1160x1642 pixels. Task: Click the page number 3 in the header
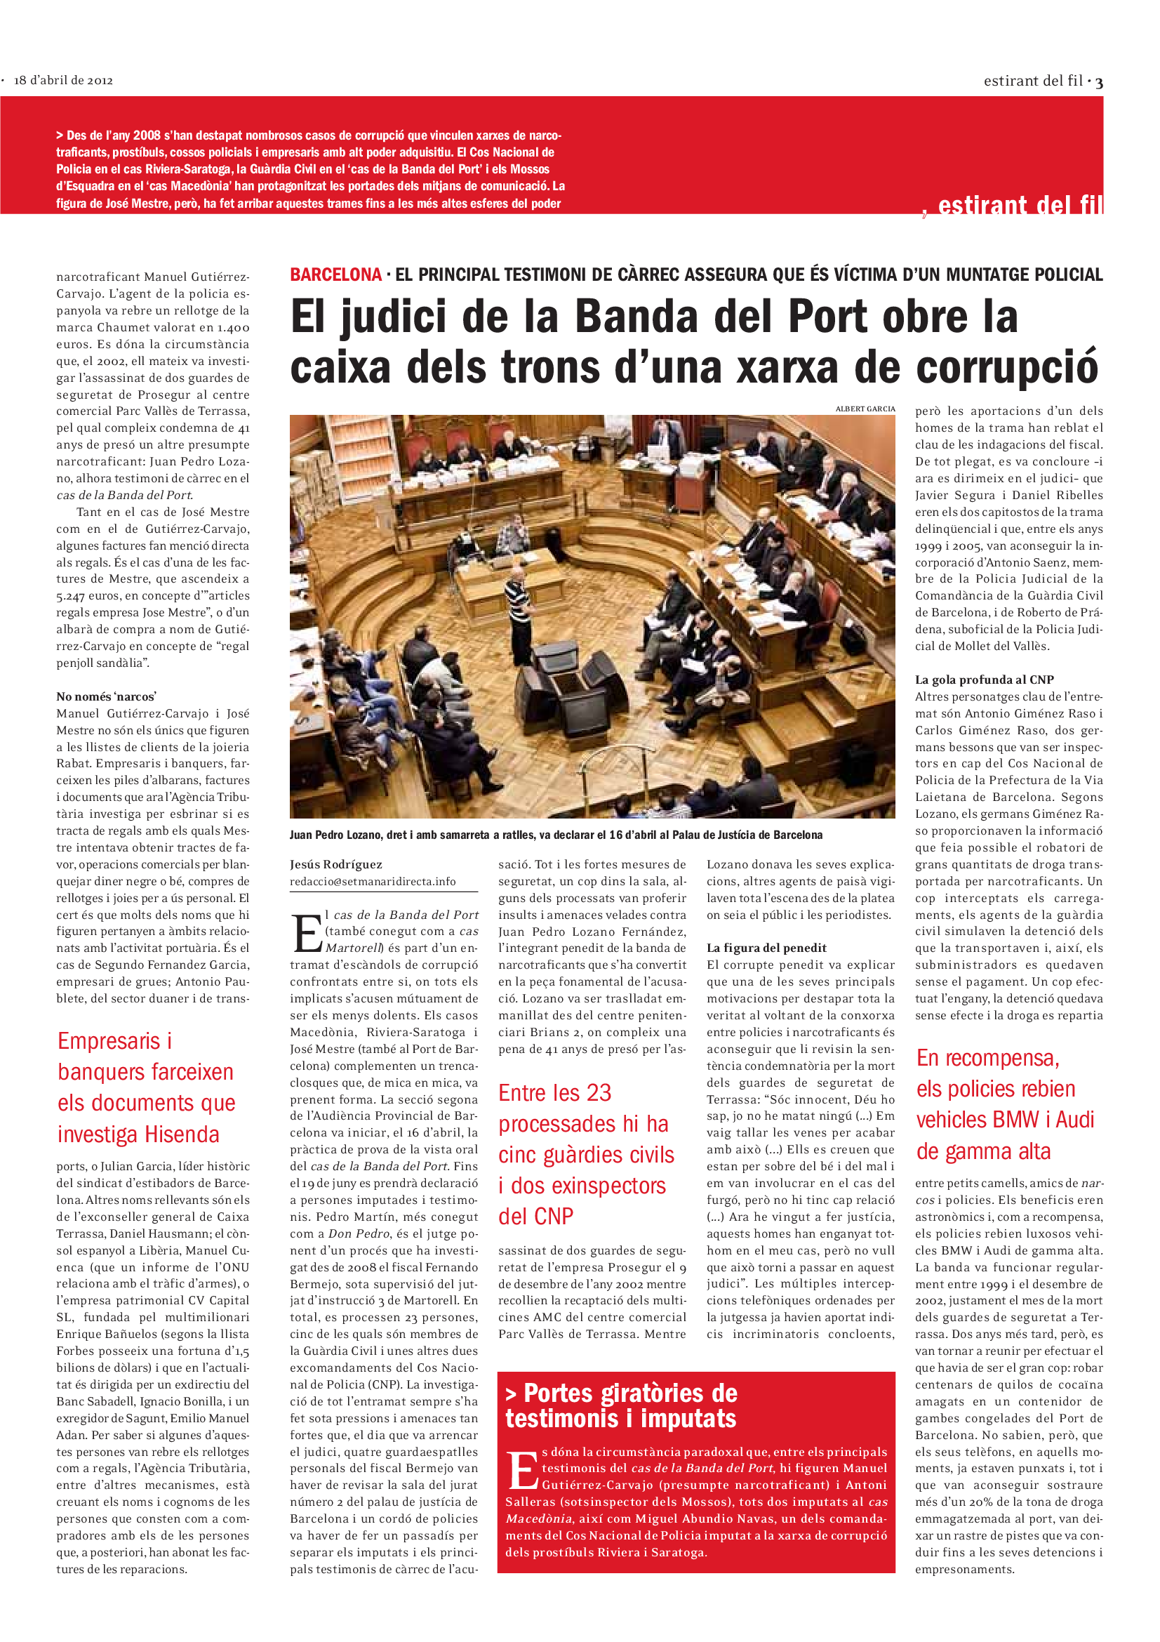click(1098, 83)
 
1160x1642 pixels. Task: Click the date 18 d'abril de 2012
click(63, 80)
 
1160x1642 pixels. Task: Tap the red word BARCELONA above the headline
click(335, 274)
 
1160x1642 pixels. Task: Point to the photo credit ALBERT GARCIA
click(865, 409)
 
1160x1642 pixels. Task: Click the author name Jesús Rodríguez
click(336, 864)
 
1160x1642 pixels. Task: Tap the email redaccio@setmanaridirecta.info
click(373, 881)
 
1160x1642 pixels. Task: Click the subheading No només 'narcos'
click(107, 696)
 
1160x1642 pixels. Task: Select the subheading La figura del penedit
click(766, 948)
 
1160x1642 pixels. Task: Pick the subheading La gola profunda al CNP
click(984, 680)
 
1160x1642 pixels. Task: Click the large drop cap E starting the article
click(307, 933)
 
